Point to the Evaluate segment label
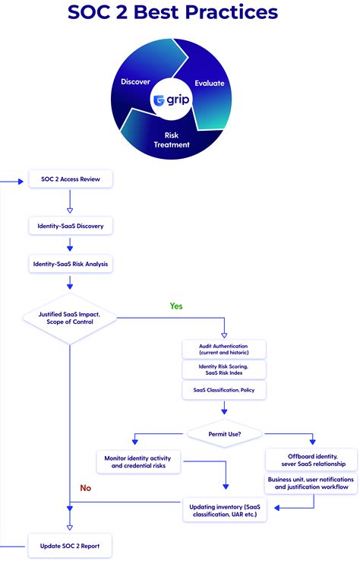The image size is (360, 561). point(210,83)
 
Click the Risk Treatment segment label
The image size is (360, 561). point(172,140)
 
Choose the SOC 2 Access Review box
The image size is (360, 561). point(71,179)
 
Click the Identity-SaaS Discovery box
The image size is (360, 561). point(71,226)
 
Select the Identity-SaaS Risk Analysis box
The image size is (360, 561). point(71,265)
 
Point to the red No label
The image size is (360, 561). point(86,488)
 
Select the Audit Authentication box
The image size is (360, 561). point(223,350)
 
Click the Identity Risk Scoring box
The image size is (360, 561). point(223,369)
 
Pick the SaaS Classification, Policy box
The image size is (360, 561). point(223,389)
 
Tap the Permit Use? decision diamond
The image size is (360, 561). point(224,434)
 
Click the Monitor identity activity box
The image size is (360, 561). point(138,461)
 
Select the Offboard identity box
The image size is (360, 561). point(311,460)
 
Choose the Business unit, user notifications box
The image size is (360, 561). point(311,483)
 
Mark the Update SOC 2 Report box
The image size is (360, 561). point(71,545)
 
